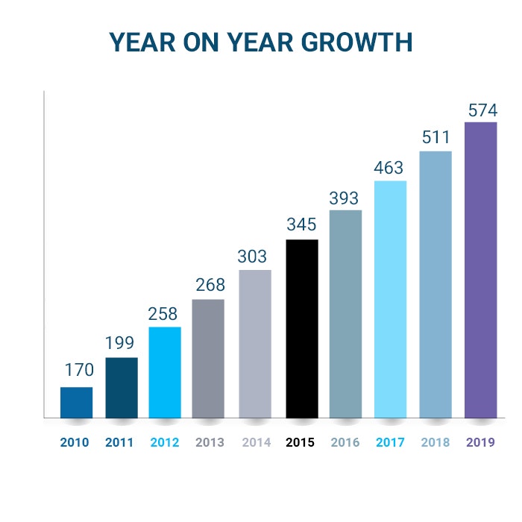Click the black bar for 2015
tap(302, 328)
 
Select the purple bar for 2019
tap(480, 269)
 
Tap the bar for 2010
tap(77, 402)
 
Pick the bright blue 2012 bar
tap(165, 372)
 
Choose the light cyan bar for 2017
tap(390, 299)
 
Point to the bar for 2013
tap(208, 358)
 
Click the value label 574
tap(482, 111)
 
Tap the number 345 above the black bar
tap(302, 224)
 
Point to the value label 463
tap(390, 168)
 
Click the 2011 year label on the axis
tap(119, 442)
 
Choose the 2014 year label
tap(256, 442)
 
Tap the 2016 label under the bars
tap(345, 442)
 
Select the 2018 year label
tap(435, 442)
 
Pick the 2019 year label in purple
tap(481, 442)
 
